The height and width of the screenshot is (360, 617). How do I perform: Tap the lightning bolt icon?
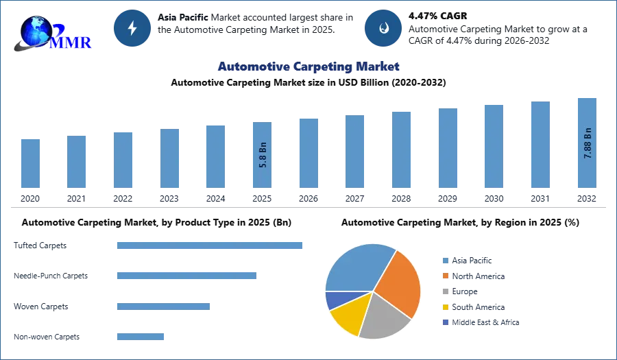point(133,28)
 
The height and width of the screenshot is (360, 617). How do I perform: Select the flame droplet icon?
point(383,28)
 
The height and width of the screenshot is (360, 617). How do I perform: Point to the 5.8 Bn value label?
point(263,155)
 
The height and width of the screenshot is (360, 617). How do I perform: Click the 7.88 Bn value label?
point(588,143)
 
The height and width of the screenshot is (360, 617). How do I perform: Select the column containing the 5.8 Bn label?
point(263,156)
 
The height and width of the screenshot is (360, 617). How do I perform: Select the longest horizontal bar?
point(210,247)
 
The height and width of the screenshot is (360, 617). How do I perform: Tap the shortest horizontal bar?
point(140,335)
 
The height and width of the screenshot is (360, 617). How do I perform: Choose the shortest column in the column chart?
point(30,164)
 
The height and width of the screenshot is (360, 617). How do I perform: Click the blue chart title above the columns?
point(307,67)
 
